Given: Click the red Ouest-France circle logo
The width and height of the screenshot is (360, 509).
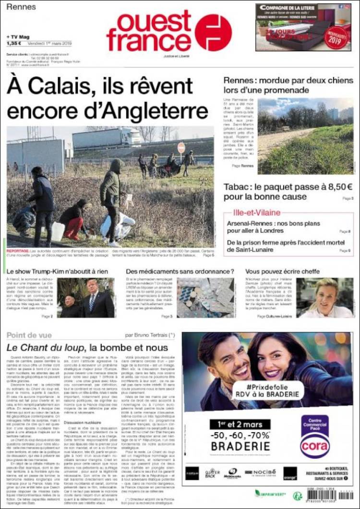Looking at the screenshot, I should pos(213,33).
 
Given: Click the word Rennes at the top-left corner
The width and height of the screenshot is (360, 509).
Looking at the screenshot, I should pos(22,7).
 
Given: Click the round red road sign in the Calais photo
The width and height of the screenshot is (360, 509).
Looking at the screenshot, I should pos(181,147).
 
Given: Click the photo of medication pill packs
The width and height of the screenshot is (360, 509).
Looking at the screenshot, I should pos(205,298).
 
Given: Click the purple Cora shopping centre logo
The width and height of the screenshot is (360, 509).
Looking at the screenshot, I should pos(315,436).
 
